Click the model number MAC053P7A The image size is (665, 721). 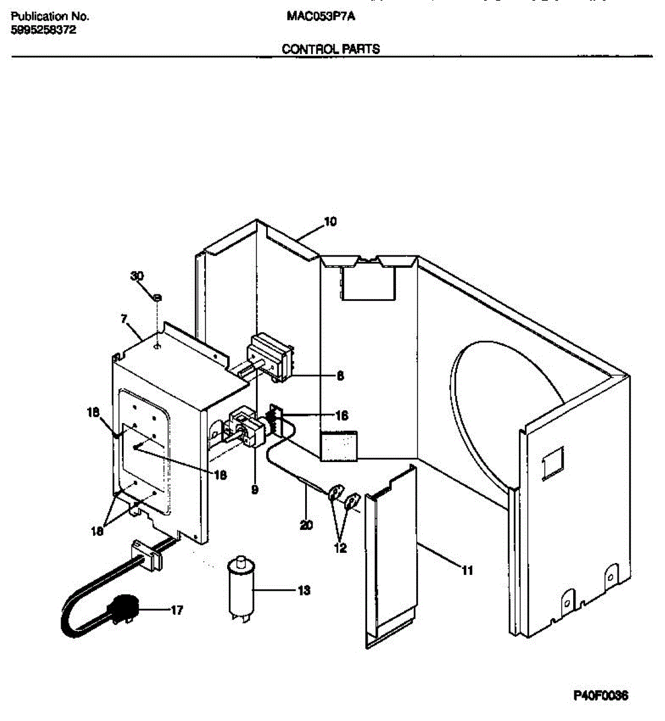[x=321, y=17]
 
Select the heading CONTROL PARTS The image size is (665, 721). [x=331, y=49]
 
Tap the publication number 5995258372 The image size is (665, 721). [x=44, y=30]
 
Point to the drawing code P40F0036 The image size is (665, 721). [x=601, y=696]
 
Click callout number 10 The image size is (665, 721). [x=330, y=222]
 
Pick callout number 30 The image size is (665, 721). [x=138, y=276]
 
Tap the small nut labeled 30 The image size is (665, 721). [x=156, y=297]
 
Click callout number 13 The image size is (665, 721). [x=304, y=591]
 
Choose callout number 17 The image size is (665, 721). [x=176, y=610]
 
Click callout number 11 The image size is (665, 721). [x=467, y=570]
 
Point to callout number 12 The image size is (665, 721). [x=340, y=548]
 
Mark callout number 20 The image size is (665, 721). [x=306, y=525]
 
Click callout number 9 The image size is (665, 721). [x=255, y=490]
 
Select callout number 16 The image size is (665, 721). [x=341, y=415]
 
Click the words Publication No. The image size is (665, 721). [x=50, y=17]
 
